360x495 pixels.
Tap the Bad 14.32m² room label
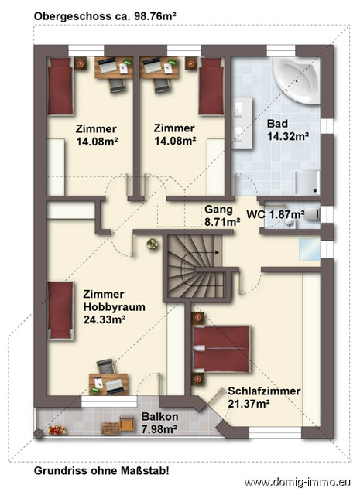click(x=287, y=130)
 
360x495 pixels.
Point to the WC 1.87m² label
click(x=275, y=214)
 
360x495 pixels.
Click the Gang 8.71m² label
click(x=221, y=215)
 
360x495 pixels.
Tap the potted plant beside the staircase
click(x=152, y=244)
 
